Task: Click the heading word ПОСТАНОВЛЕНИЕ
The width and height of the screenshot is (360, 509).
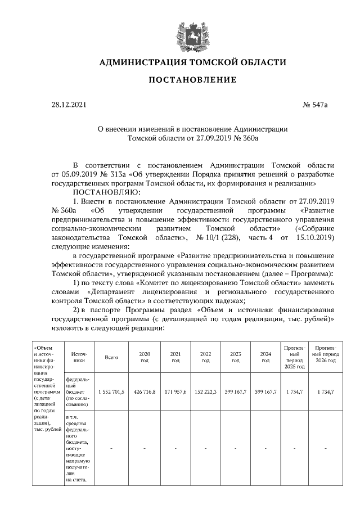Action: (x=192, y=80)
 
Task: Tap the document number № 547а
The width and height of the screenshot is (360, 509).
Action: (x=315, y=105)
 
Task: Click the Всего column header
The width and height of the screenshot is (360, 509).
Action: (x=111, y=357)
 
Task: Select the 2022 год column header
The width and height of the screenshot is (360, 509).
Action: (x=205, y=357)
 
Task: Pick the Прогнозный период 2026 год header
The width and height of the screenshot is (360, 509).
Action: (x=326, y=357)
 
